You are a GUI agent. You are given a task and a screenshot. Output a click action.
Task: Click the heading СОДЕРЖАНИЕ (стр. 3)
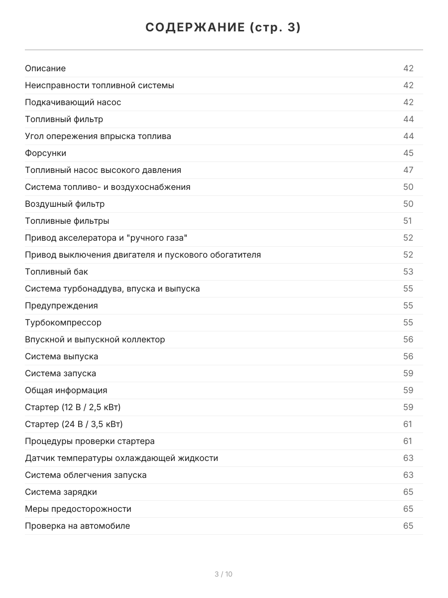[224, 28]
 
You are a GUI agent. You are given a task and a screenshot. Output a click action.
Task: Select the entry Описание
[45, 68]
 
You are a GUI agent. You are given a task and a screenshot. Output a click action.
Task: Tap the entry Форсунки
[45, 153]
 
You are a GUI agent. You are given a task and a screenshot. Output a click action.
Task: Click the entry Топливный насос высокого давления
[103, 170]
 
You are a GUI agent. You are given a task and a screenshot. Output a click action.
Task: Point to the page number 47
[408, 170]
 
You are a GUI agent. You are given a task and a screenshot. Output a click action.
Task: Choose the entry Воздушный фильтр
[65, 204]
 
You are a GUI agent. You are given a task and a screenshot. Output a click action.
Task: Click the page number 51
[408, 221]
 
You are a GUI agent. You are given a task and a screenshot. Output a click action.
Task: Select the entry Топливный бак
[56, 272]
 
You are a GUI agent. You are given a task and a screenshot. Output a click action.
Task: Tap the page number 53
[408, 272]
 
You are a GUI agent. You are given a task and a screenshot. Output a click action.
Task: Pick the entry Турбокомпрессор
[63, 322]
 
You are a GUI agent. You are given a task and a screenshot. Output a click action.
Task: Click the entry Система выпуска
[62, 356]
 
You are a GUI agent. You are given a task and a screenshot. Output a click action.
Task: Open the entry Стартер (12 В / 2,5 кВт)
[73, 407]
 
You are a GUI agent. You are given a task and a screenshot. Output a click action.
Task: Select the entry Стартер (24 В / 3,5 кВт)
[74, 424]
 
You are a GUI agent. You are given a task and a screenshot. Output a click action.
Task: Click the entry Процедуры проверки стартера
[90, 441]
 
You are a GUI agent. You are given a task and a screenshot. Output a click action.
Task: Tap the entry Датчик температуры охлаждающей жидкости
[121, 458]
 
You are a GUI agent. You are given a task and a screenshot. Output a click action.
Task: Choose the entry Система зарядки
[61, 492]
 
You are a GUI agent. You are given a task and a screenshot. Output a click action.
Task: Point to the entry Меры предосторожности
[78, 509]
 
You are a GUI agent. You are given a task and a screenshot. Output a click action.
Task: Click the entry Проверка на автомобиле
[77, 526]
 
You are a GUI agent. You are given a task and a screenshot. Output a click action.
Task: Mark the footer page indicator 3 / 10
[224, 574]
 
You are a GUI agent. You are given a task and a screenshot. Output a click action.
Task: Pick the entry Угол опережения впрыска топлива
[98, 136]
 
